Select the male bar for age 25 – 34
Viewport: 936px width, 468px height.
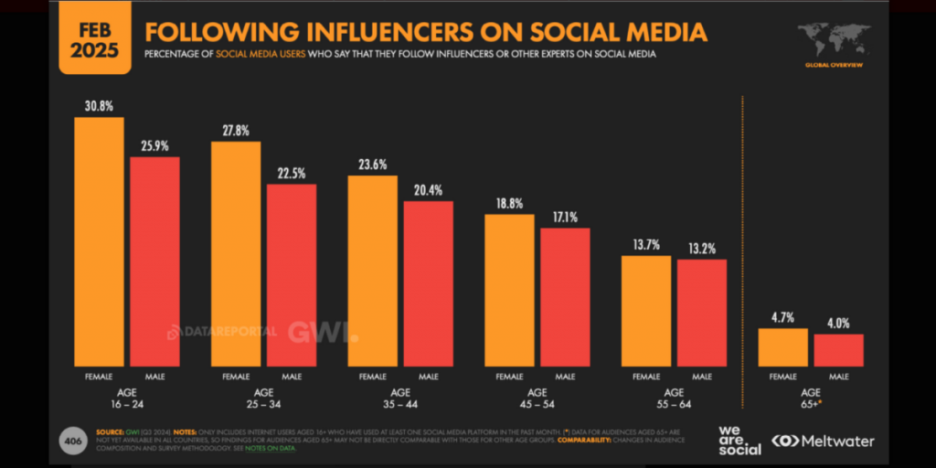(x=292, y=274)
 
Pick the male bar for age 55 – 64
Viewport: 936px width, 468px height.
(x=702, y=312)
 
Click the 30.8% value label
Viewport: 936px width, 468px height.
(x=99, y=106)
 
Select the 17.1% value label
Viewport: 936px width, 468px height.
(x=565, y=218)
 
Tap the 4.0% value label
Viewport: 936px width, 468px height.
(x=838, y=323)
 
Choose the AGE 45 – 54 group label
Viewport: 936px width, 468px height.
(x=537, y=398)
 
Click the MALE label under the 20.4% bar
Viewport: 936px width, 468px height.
(x=428, y=376)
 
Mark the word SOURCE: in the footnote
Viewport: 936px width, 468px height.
(x=110, y=431)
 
